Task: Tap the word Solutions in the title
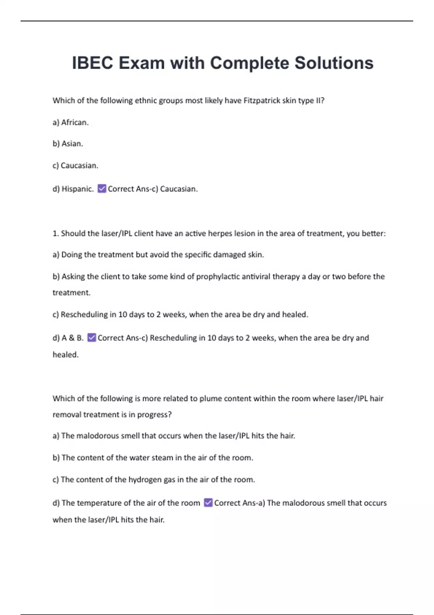[x=334, y=63]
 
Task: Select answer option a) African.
[x=71, y=122]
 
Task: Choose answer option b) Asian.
[x=68, y=144]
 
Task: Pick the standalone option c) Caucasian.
[x=75, y=166]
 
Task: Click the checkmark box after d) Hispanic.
[x=102, y=188]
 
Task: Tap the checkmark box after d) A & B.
[x=92, y=338]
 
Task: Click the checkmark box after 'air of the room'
[x=208, y=502]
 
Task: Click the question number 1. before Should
[x=55, y=233]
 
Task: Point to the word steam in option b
[x=162, y=458]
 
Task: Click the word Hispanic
[x=77, y=189]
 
